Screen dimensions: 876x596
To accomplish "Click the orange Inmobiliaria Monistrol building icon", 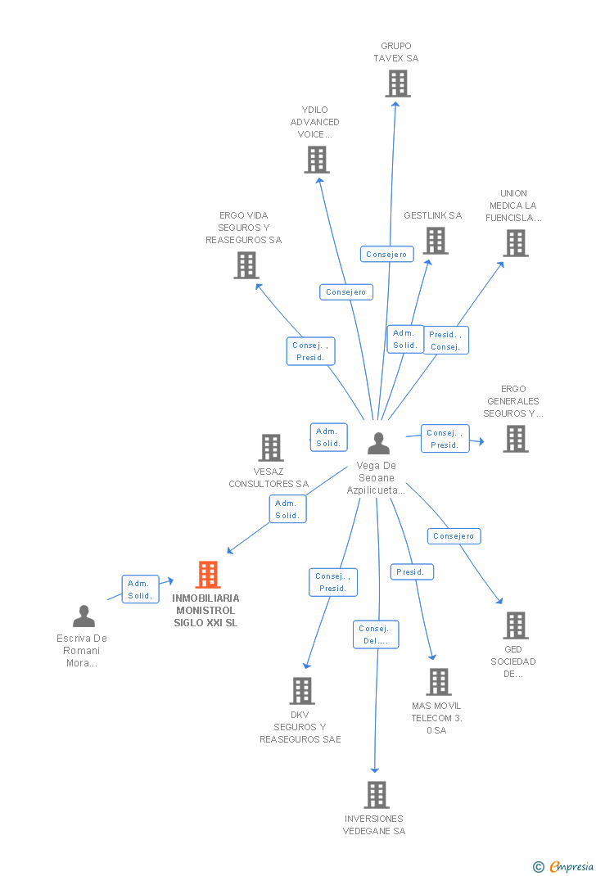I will (208, 575).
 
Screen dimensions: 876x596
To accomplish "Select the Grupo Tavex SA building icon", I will (397, 84).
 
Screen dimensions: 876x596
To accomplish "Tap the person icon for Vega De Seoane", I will (378, 444).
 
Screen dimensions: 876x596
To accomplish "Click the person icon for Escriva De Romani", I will (84, 616).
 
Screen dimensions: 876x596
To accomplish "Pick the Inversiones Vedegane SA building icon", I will (376, 795).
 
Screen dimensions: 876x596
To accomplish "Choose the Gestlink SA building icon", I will (436, 241).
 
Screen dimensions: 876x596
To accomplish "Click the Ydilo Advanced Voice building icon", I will (317, 160).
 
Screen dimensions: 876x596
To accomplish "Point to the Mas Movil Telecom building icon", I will (438, 682).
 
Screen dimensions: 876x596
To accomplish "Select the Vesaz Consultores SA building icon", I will (271, 448).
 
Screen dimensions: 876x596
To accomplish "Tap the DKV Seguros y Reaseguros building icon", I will (302, 691).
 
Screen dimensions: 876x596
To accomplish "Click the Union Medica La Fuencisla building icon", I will (515, 243).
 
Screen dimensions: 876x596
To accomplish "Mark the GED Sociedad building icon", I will (515, 625).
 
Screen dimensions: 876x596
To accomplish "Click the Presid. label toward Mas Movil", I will (411, 572).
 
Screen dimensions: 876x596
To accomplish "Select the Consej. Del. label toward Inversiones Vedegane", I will (377, 634).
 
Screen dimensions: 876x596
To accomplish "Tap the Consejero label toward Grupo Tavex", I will (386, 255).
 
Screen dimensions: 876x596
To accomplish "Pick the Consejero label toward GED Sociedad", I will (454, 536).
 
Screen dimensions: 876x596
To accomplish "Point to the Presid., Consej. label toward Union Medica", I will (445, 341).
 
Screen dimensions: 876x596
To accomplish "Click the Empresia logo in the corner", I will (564, 866).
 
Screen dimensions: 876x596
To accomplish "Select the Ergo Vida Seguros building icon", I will (246, 265).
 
